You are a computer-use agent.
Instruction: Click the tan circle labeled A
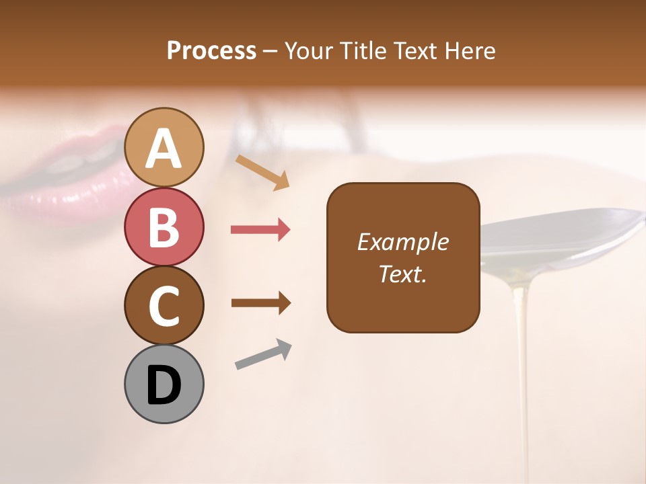(164, 148)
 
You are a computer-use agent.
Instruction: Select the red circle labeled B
(164, 227)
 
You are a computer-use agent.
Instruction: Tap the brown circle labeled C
(164, 305)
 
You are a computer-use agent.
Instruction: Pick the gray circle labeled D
(164, 385)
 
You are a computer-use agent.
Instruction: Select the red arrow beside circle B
(260, 230)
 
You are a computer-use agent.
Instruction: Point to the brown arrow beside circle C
(260, 302)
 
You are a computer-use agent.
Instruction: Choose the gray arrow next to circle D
(263, 354)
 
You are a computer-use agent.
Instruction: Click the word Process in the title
(211, 51)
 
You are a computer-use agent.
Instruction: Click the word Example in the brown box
(402, 242)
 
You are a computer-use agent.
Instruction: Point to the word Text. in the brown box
(402, 274)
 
